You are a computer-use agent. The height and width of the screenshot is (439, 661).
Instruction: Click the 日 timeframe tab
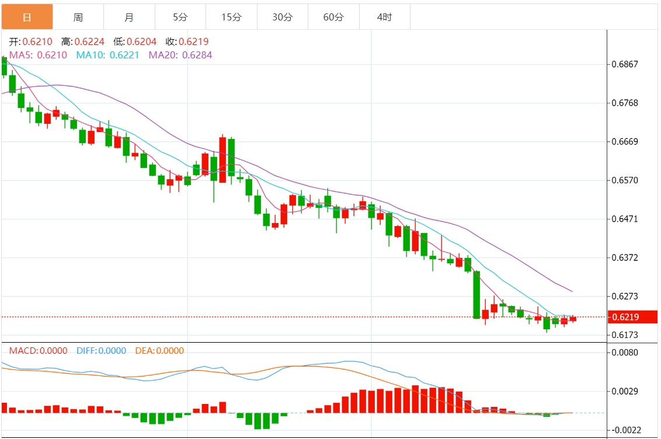pos(27,17)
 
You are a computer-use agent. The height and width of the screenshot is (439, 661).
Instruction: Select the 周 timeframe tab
pos(78,17)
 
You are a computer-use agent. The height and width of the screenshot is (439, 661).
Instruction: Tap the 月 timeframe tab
pos(129,17)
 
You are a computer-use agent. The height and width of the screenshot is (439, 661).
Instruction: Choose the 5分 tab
pos(180,17)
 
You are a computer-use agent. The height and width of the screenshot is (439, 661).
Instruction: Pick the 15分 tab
pos(231,17)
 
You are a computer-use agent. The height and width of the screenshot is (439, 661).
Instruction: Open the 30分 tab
pos(283,17)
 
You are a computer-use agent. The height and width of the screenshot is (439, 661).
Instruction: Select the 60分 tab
pos(333,17)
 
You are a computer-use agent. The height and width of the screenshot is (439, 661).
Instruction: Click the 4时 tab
pos(384,17)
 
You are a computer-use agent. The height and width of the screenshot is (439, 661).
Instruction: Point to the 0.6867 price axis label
pos(624,64)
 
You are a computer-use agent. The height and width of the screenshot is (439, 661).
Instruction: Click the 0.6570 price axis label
pos(624,180)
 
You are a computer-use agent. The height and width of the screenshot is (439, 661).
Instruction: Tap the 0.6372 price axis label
pos(624,258)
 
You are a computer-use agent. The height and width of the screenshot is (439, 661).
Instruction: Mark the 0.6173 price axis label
pos(624,335)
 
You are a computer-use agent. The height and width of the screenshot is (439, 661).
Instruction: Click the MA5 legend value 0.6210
pos(52,55)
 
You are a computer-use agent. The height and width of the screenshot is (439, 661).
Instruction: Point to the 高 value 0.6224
pos(91,41)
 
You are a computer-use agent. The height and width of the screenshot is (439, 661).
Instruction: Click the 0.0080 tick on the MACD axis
pos(624,353)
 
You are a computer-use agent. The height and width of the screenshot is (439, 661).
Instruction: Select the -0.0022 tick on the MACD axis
pos(623,430)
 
